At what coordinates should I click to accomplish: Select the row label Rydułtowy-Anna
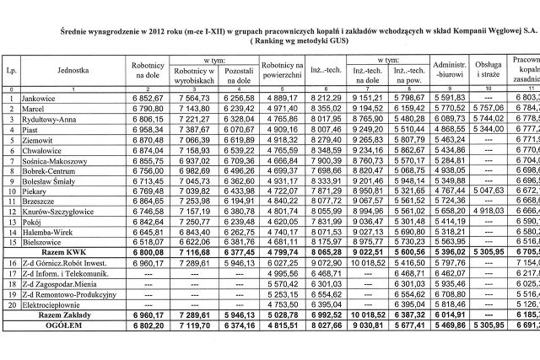48,121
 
